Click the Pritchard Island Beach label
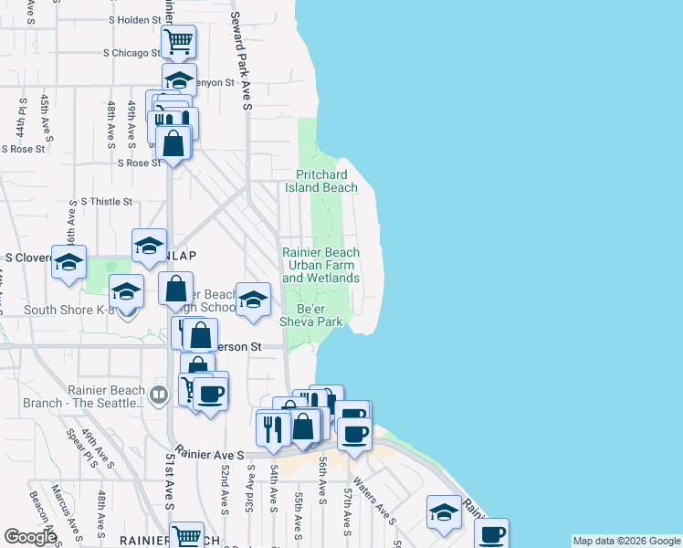pyautogui.click(x=326, y=181)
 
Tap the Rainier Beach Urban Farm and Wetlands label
pyautogui.click(x=320, y=266)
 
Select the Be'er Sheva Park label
pyautogui.click(x=311, y=315)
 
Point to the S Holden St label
pyautogui.click(x=134, y=19)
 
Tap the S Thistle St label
pyautogui.click(x=107, y=201)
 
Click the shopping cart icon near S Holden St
pyautogui.click(x=179, y=40)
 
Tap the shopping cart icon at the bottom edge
pyautogui.click(x=187, y=535)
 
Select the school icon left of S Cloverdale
pyautogui.click(x=68, y=261)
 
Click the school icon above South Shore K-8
pyautogui.click(x=149, y=245)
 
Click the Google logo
pyautogui.click(x=30, y=537)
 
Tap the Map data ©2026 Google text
pyautogui.click(x=626, y=541)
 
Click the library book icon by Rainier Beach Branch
pyautogui.click(x=159, y=395)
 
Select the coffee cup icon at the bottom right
pyautogui.click(x=491, y=533)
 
